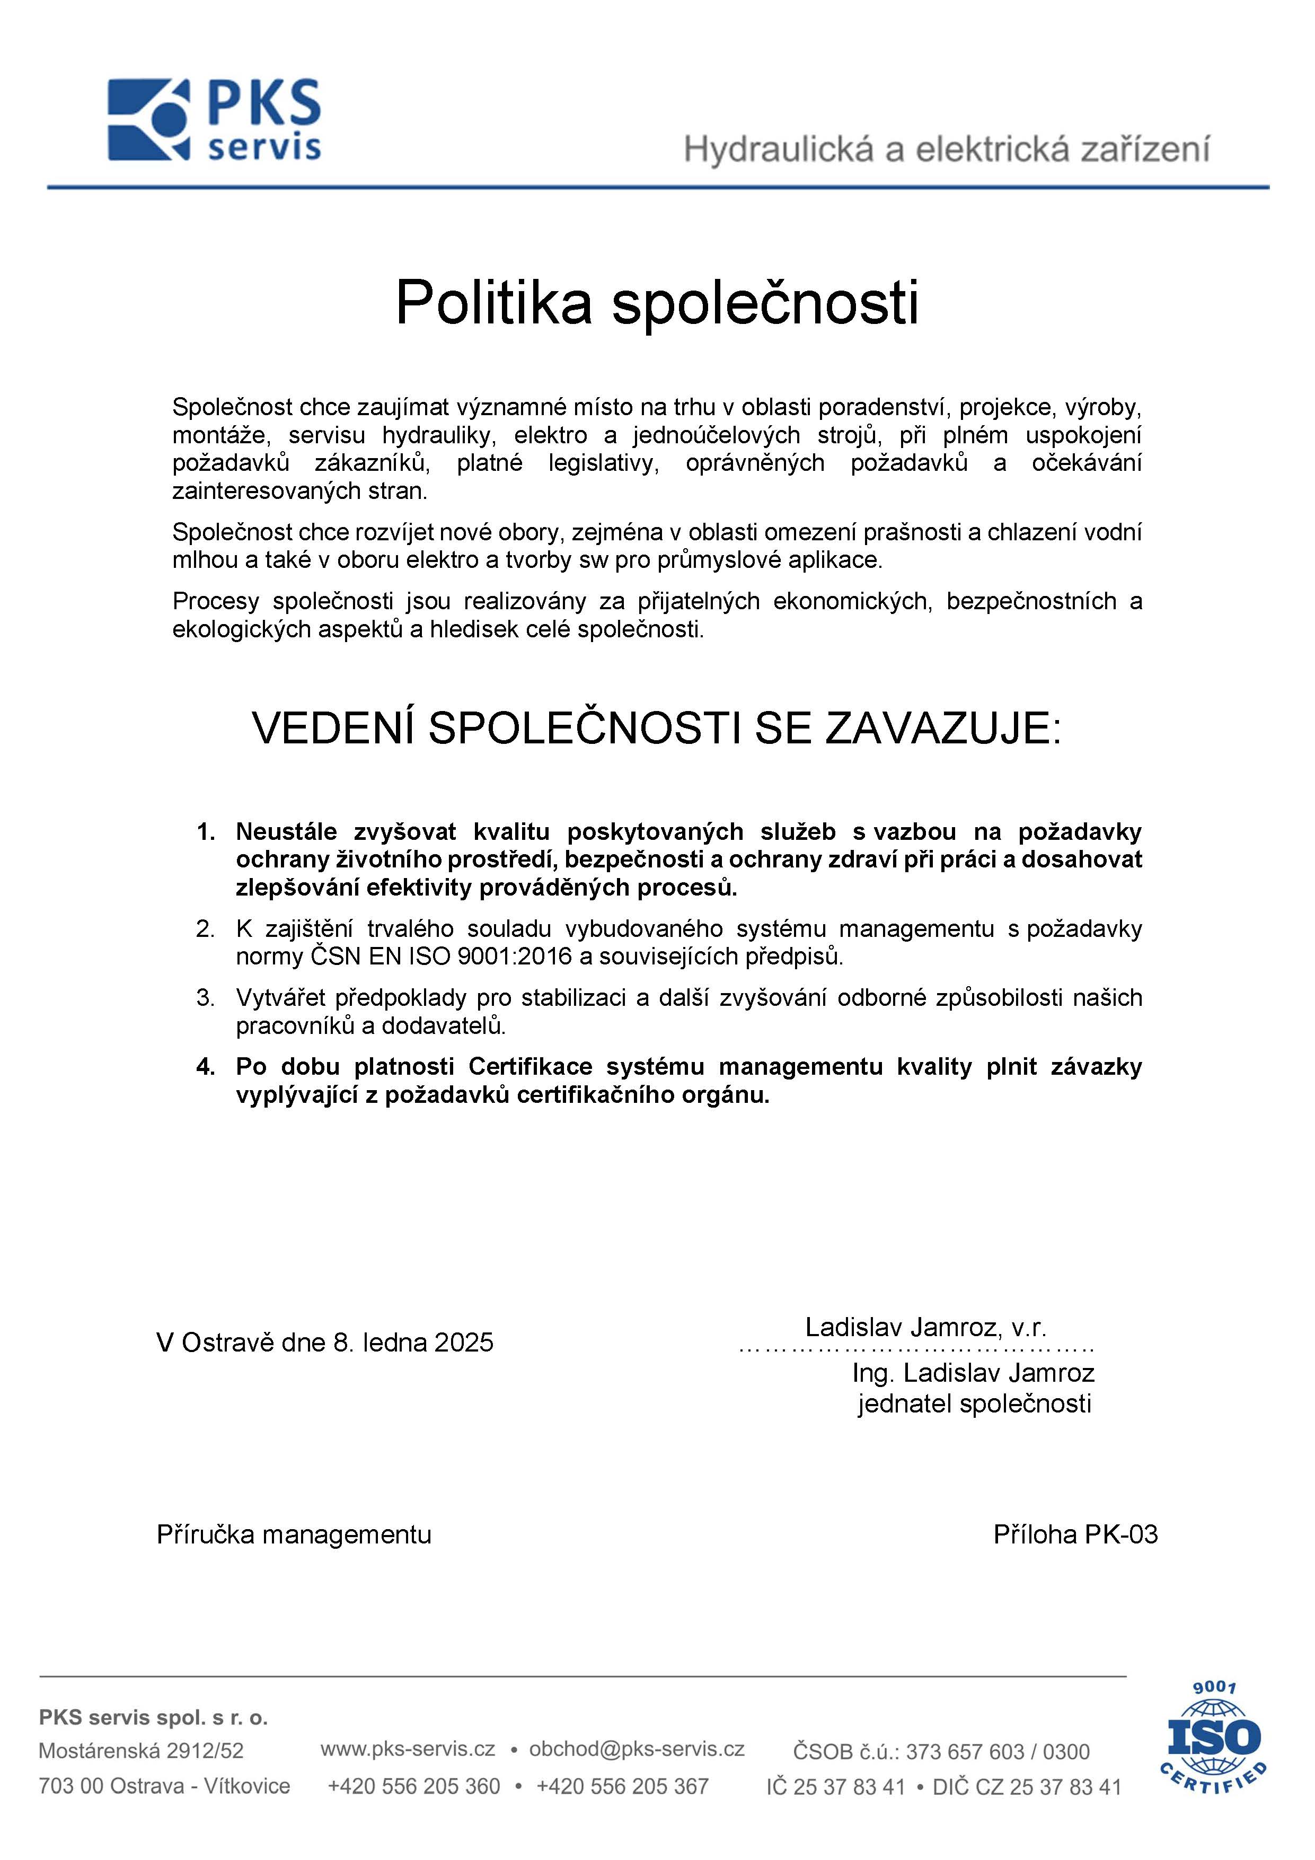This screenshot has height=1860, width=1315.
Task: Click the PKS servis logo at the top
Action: pyautogui.click(x=215, y=120)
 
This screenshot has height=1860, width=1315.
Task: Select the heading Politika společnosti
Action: pyautogui.click(x=657, y=303)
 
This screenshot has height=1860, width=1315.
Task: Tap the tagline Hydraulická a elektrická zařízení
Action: pyautogui.click(x=947, y=150)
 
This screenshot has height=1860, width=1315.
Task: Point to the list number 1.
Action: pyautogui.click(x=206, y=832)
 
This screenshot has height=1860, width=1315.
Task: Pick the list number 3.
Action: pyautogui.click(x=206, y=998)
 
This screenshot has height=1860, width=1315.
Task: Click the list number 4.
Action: pyautogui.click(x=206, y=1067)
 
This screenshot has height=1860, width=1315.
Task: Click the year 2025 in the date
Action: pyautogui.click(x=464, y=1343)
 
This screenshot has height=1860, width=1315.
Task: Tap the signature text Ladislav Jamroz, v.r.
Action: pyautogui.click(x=925, y=1328)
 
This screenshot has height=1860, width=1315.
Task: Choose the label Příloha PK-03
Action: pyautogui.click(x=1075, y=1534)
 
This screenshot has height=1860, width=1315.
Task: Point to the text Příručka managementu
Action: pyautogui.click(x=294, y=1534)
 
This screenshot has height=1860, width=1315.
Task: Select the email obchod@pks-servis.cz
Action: pyautogui.click(x=637, y=1749)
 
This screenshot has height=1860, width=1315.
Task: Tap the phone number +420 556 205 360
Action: pyautogui.click(x=414, y=1786)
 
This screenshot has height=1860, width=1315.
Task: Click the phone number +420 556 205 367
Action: pyautogui.click(x=623, y=1786)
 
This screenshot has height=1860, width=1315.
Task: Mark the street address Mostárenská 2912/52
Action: pyautogui.click(x=141, y=1751)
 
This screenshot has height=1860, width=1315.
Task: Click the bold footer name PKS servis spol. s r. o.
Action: pyautogui.click(x=153, y=1717)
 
